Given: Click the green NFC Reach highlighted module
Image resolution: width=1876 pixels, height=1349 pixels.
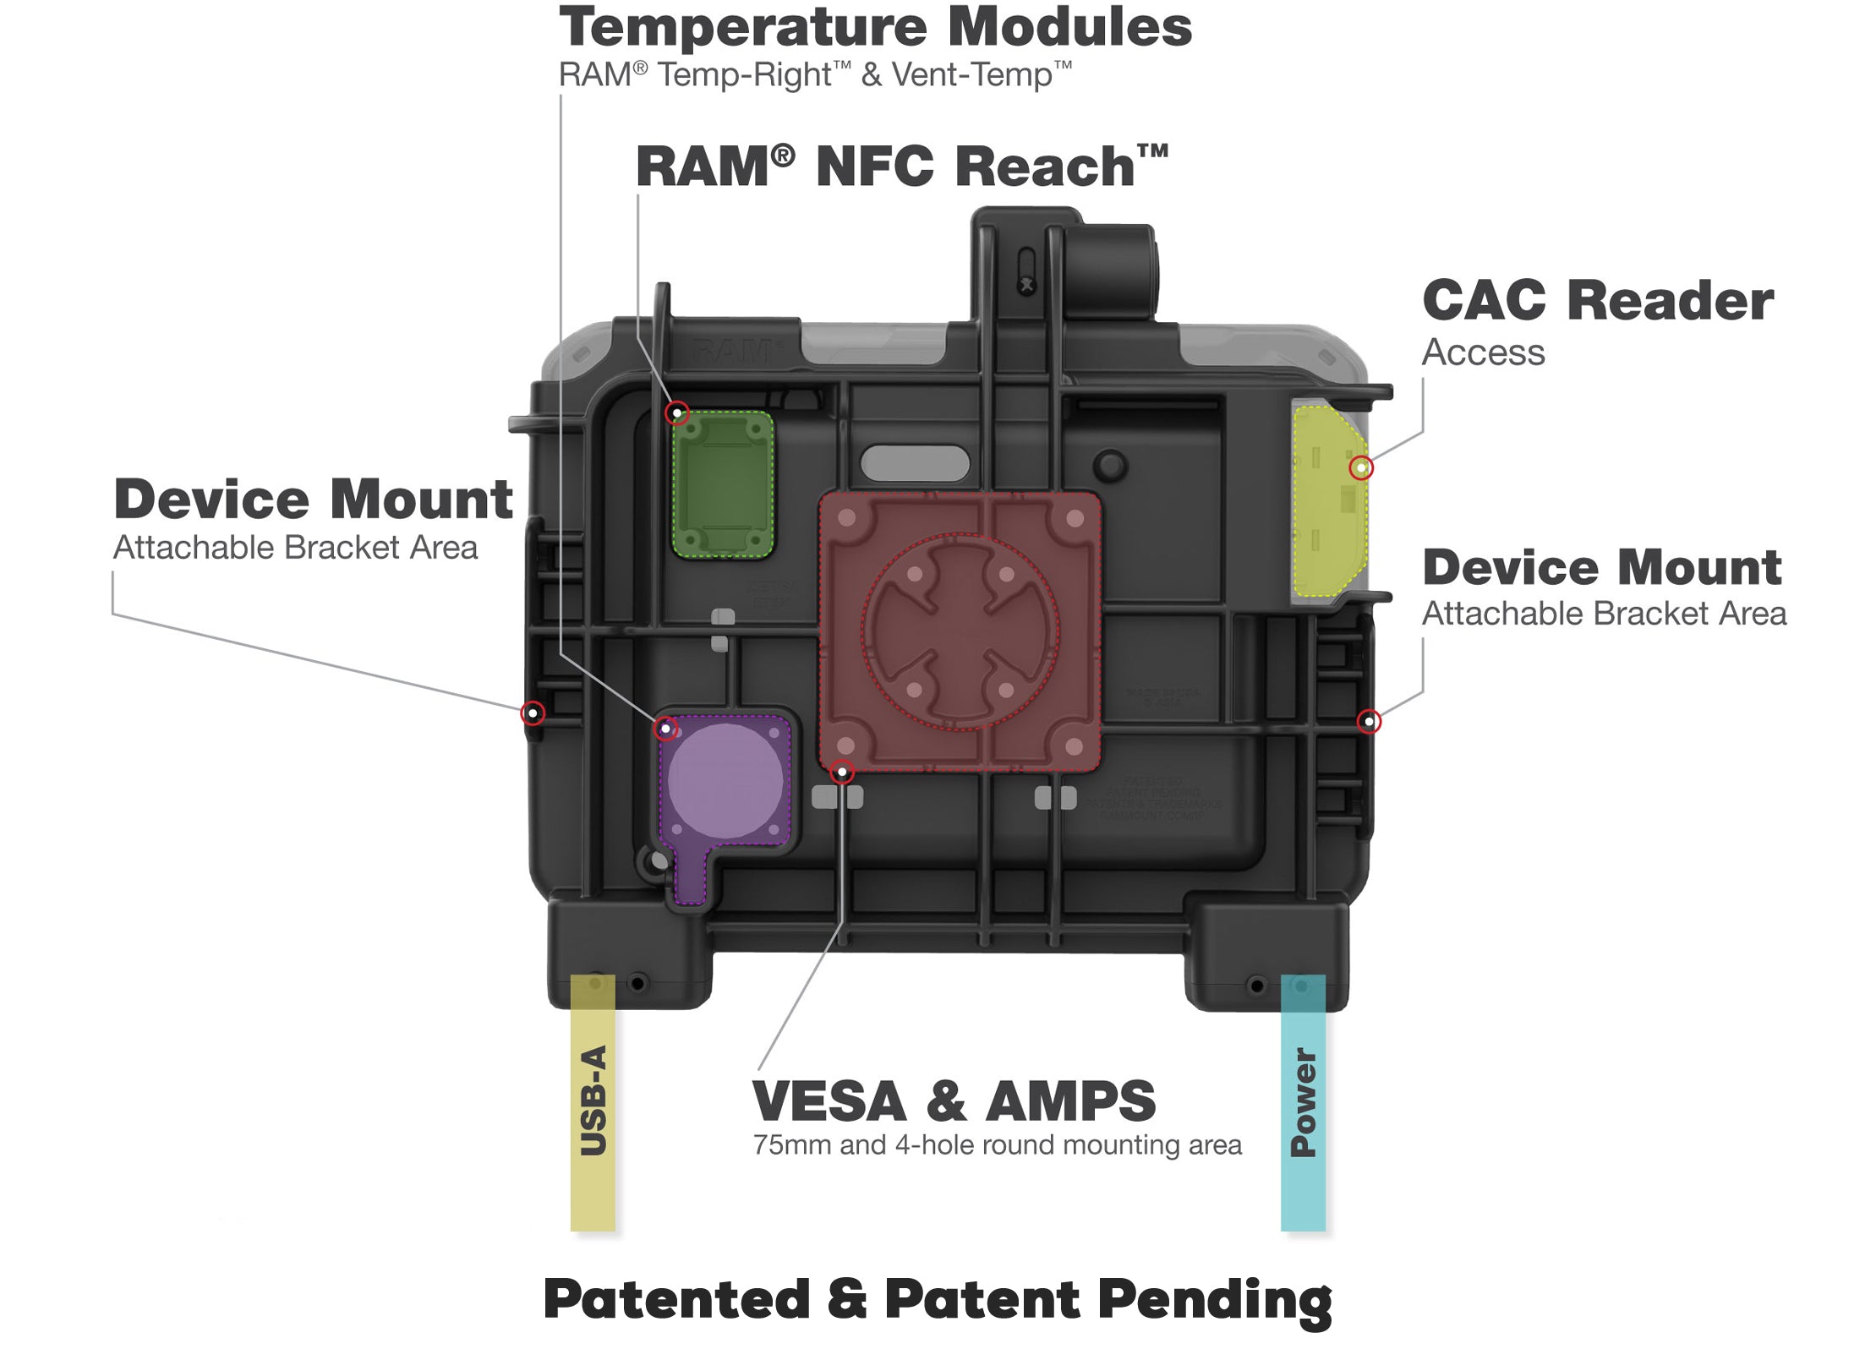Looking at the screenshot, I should pyautogui.click(x=723, y=484).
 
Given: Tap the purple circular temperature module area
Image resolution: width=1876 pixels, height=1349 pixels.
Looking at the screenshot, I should pyautogui.click(x=725, y=779).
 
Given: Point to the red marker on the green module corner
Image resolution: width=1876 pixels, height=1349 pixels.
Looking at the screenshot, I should pyautogui.click(x=676, y=413).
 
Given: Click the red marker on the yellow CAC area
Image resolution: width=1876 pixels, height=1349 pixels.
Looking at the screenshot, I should pyautogui.click(x=1360, y=467).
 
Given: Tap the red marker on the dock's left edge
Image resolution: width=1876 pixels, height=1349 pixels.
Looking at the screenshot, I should pyautogui.click(x=533, y=713).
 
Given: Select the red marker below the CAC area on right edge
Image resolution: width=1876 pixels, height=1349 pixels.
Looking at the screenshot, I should pyautogui.click(x=1369, y=721).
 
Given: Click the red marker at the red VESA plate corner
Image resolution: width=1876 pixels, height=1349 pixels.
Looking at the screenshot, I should pyautogui.click(x=841, y=772).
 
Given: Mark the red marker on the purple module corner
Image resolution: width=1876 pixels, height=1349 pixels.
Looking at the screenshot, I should pyautogui.click(x=666, y=728).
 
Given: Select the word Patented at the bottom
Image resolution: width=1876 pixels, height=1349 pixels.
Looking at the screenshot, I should pyautogui.click(x=676, y=1299).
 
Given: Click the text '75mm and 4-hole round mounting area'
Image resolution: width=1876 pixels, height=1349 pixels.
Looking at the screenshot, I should pyautogui.click(x=997, y=1145).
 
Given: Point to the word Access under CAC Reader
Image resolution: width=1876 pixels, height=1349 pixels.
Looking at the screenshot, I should pyautogui.click(x=1483, y=352).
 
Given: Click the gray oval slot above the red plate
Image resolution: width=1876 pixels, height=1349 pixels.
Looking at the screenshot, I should pyautogui.click(x=915, y=463).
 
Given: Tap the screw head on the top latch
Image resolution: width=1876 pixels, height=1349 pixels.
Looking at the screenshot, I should pyautogui.click(x=1026, y=286).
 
